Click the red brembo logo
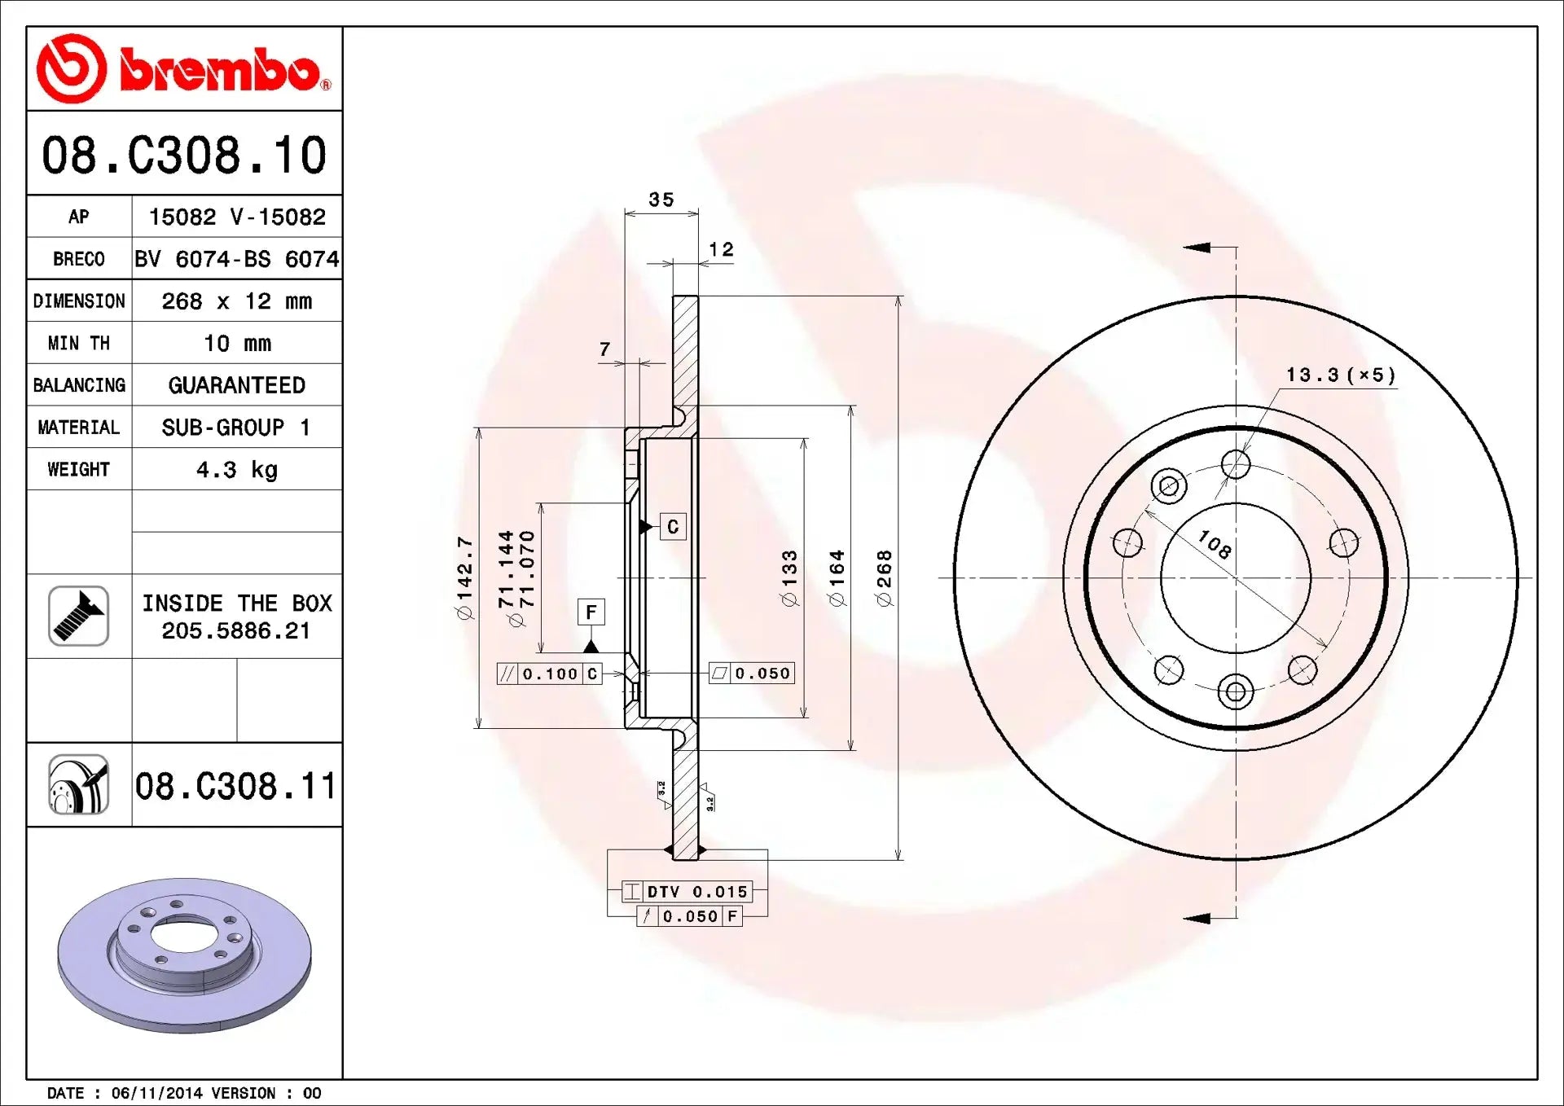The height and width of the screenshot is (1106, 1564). click(x=183, y=69)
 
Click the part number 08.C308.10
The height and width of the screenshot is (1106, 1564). click(x=184, y=155)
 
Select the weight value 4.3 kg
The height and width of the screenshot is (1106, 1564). click(x=236, y=470)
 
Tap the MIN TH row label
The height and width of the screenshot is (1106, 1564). click(x=78, y=344)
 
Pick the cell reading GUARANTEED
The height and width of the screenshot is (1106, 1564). click(x=236, y=385)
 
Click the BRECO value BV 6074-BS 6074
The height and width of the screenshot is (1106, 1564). click(x=236, y=259)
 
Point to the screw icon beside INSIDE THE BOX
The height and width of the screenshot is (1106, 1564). click(x=78, y=616)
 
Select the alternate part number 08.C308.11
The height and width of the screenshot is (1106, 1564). click(x=235, y=786)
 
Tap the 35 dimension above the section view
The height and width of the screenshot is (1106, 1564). click(x=661, y=200)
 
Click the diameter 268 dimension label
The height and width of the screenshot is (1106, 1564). click(x=885, y=577)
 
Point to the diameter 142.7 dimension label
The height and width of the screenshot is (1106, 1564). click(x=464, y=577)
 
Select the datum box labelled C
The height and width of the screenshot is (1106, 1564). click(x=673, y=527)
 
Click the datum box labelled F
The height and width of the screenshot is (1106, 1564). click(x=591, y=612)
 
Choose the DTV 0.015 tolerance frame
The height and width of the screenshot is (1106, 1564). click(x=687, y=892)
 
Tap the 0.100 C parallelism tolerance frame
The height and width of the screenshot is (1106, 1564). click(x=550, y=674)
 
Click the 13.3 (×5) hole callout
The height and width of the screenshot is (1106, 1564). click(x=1340, y=375)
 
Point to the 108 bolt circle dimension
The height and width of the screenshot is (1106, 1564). click(x=1214, y=544)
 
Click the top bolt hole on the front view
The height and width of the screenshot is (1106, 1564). click(x=1236, y=465)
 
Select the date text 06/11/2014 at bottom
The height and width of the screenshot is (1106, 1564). click(x=156, y=1093)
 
